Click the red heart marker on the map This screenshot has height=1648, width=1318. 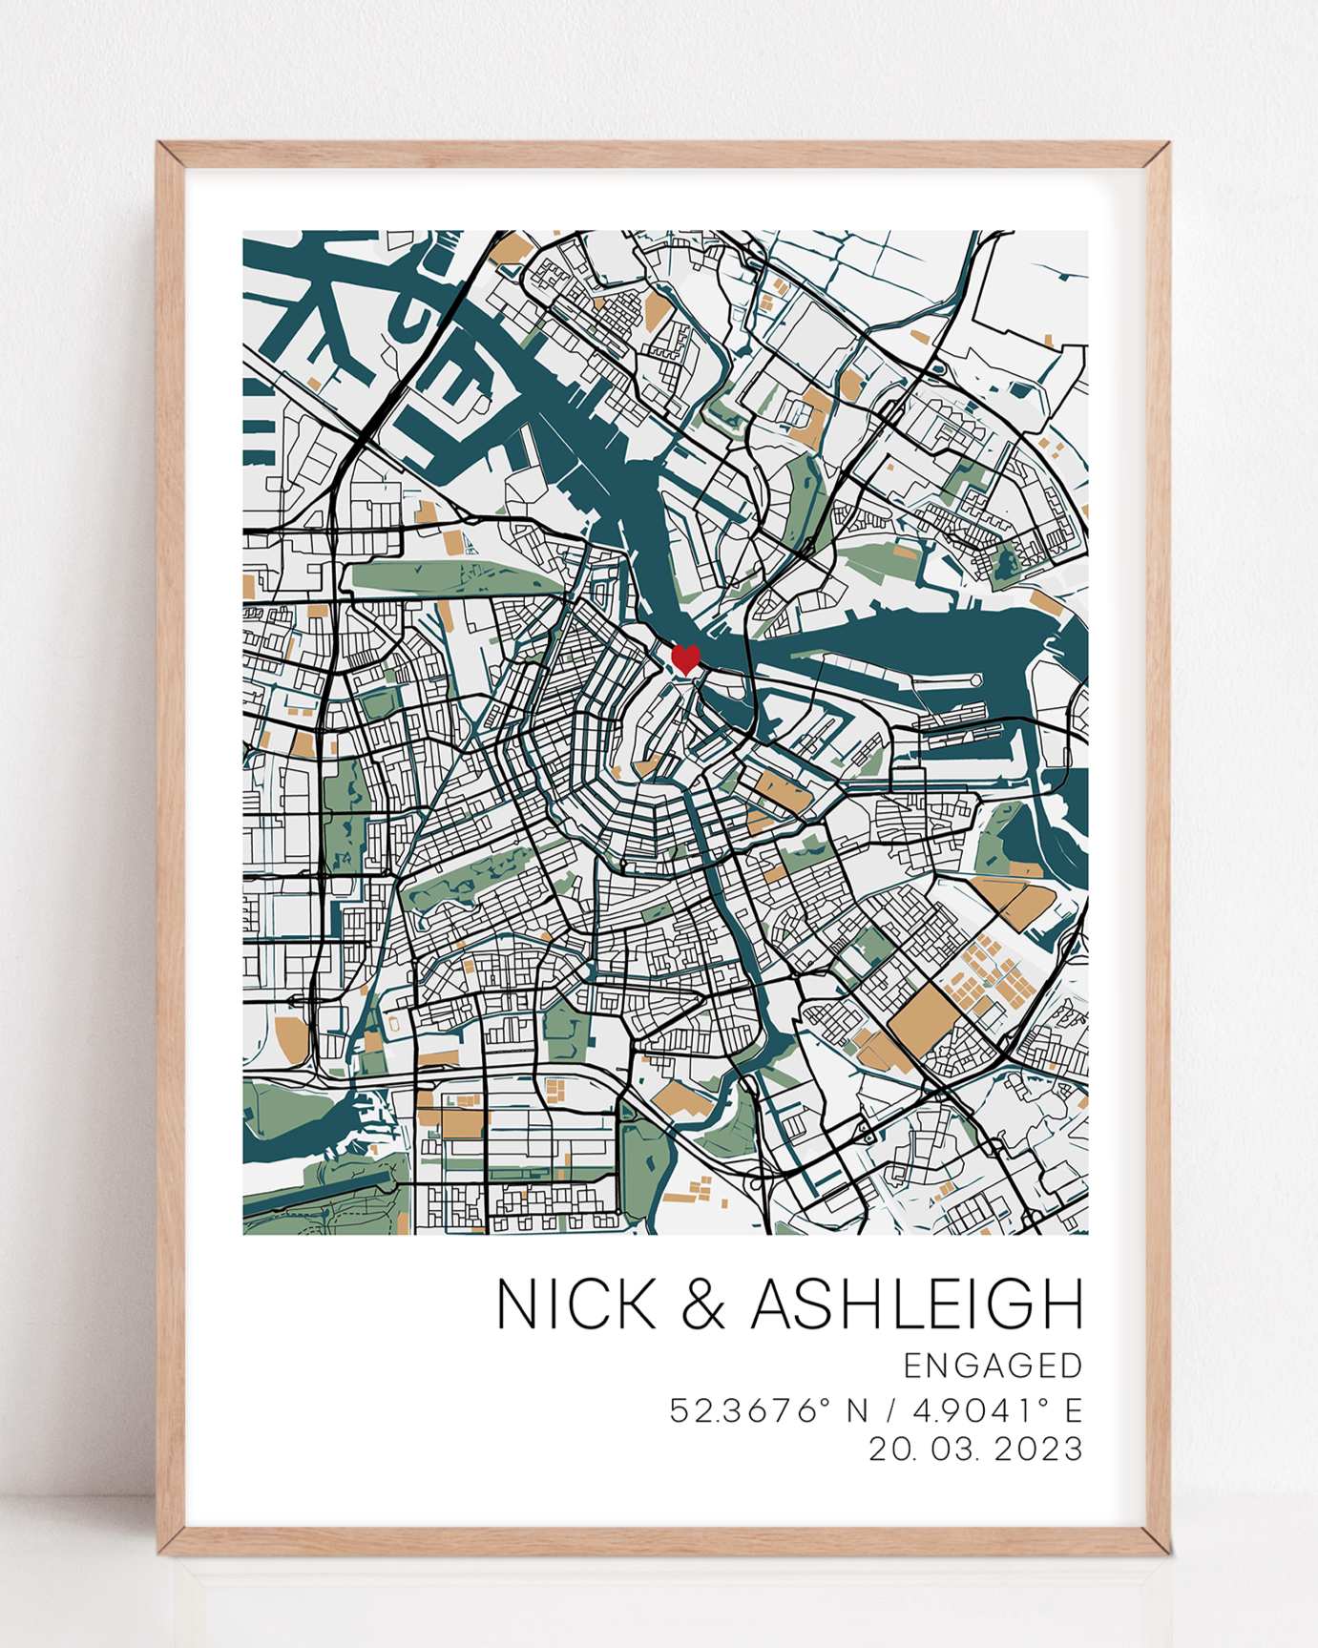685,658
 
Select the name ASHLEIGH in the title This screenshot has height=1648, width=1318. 917,1304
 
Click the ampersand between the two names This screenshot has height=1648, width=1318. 703,1304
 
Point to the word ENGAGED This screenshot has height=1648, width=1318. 993,1366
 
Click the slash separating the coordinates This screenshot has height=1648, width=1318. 890,1410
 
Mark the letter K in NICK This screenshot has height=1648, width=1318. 635,1304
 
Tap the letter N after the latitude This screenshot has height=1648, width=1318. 857,1410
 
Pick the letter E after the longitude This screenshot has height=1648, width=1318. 1074,1410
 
